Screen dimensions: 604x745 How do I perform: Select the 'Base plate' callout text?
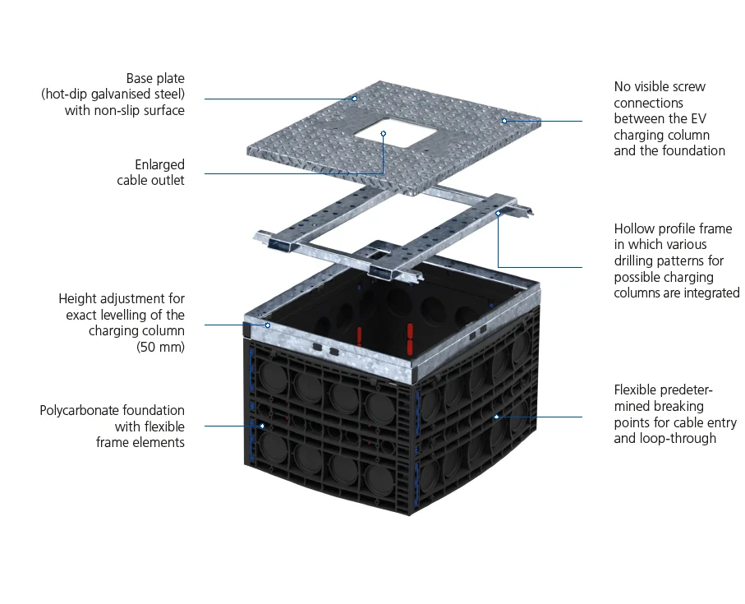click(155, 79)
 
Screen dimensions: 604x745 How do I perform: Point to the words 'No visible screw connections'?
click(660, 95)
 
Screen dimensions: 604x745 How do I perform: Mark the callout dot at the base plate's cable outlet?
click(383, 133)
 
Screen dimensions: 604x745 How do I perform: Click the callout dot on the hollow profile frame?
click(499, 213)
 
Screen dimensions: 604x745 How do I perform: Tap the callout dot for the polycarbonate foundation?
click(262, 426)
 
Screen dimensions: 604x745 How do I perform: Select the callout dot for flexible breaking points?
click(496, 417)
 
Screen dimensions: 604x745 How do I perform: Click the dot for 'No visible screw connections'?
click(504, 121)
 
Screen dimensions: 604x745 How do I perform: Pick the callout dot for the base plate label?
click(355, 99)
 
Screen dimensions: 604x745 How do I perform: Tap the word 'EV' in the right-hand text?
click(696, 118)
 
